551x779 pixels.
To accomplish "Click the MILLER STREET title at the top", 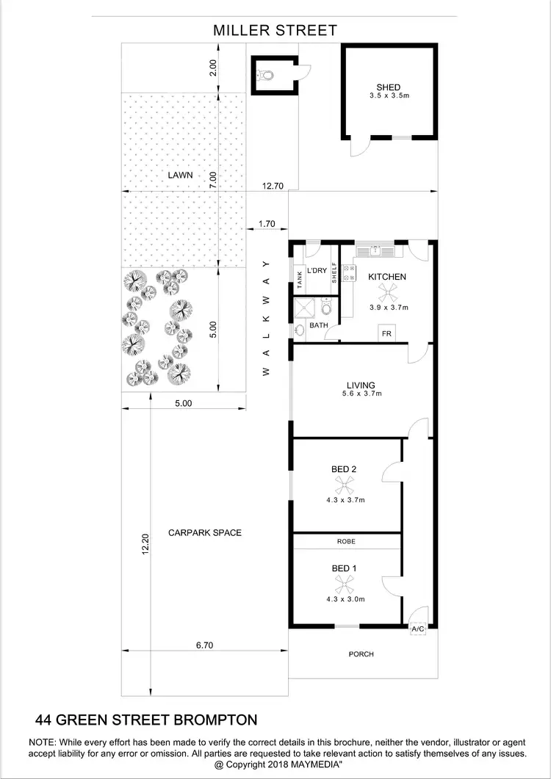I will click(x=275, y=30).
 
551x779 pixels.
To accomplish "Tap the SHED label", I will click(x=388, y=87).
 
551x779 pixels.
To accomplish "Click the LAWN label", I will click(x=179, y=175).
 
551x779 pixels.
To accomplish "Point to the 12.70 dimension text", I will click(x=273, y=186).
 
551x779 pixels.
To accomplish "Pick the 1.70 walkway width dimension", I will click(x=267, y=223).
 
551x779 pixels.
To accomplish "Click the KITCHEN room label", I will click(x=387, y=277).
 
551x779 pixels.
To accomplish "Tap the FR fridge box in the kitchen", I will click(x=386, y=334).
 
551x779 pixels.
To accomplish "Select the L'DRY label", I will click(x=317, y=271).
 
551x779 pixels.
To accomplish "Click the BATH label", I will click(x=318, y=325).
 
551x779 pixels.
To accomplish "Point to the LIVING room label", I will click(x=361, y=385).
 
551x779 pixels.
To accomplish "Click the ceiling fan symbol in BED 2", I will click(x=345, y=485).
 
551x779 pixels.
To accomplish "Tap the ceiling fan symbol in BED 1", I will click(x=345, y=584).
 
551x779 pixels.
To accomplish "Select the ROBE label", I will click(x=346, y=540).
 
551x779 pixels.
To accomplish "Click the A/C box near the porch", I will click(x=417, y=629).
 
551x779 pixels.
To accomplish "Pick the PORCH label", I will click(x=361, y=654).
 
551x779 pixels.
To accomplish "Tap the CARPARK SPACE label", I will click(x=204, y=533).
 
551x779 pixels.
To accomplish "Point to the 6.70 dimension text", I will click(x=204, y=645).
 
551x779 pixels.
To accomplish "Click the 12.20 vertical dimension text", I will click(x=145, y=544).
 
